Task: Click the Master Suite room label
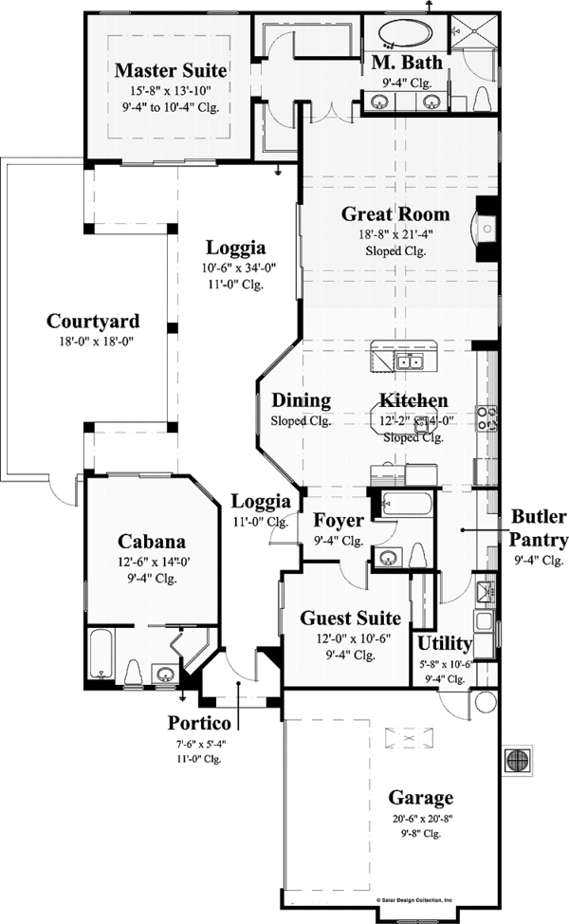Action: coord(170,70)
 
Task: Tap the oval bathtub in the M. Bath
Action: coord(407,34)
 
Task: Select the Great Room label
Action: coord(395,214)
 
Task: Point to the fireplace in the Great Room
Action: coord(484,229)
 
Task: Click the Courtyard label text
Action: coord(93,321)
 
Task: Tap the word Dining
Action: coord(301,400)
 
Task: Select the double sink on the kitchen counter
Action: coord(410,361)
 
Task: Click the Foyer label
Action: coord(339,521)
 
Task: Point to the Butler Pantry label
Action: coord(540,528)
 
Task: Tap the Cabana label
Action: coord(152,542)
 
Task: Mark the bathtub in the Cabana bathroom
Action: coord(101,654)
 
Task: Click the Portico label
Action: coord(199,723)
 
